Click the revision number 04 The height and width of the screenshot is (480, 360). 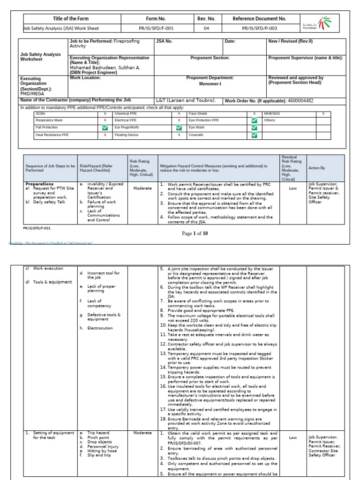pos(206,28)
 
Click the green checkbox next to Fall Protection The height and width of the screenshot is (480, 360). pos(105,127)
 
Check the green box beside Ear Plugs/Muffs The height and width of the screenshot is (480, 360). pos(179,127)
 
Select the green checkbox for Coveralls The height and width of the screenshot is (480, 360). pos(254,135)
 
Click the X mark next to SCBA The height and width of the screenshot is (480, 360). pos(105,113)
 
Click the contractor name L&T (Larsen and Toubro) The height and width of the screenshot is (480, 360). pos(186,100)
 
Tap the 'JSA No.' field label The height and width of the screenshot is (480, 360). pos(165,41)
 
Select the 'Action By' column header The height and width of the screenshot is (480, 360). pos(316,168)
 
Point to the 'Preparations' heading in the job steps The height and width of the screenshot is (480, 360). pos(39,184)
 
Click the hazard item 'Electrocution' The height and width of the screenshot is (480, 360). pos(100,328)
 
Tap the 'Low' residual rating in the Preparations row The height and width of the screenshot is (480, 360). pos(293,188)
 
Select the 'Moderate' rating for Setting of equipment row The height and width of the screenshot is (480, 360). pos(142,433)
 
